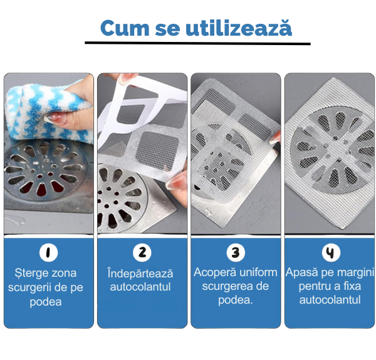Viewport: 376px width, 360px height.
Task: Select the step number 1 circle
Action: [49, 252]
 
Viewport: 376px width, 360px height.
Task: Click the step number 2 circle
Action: [142, 252]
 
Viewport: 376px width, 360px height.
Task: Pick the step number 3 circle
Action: [236, 252]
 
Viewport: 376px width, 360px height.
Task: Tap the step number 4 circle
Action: [331, 252]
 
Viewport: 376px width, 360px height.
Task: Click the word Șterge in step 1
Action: [29, 274]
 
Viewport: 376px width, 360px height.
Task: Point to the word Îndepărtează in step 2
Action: [140, 274]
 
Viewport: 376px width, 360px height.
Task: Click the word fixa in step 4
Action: [352, 286]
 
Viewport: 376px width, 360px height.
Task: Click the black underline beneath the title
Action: [197, 43]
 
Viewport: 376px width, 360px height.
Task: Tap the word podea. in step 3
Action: [236, 301]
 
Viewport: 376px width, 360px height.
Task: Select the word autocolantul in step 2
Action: [140, 287]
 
